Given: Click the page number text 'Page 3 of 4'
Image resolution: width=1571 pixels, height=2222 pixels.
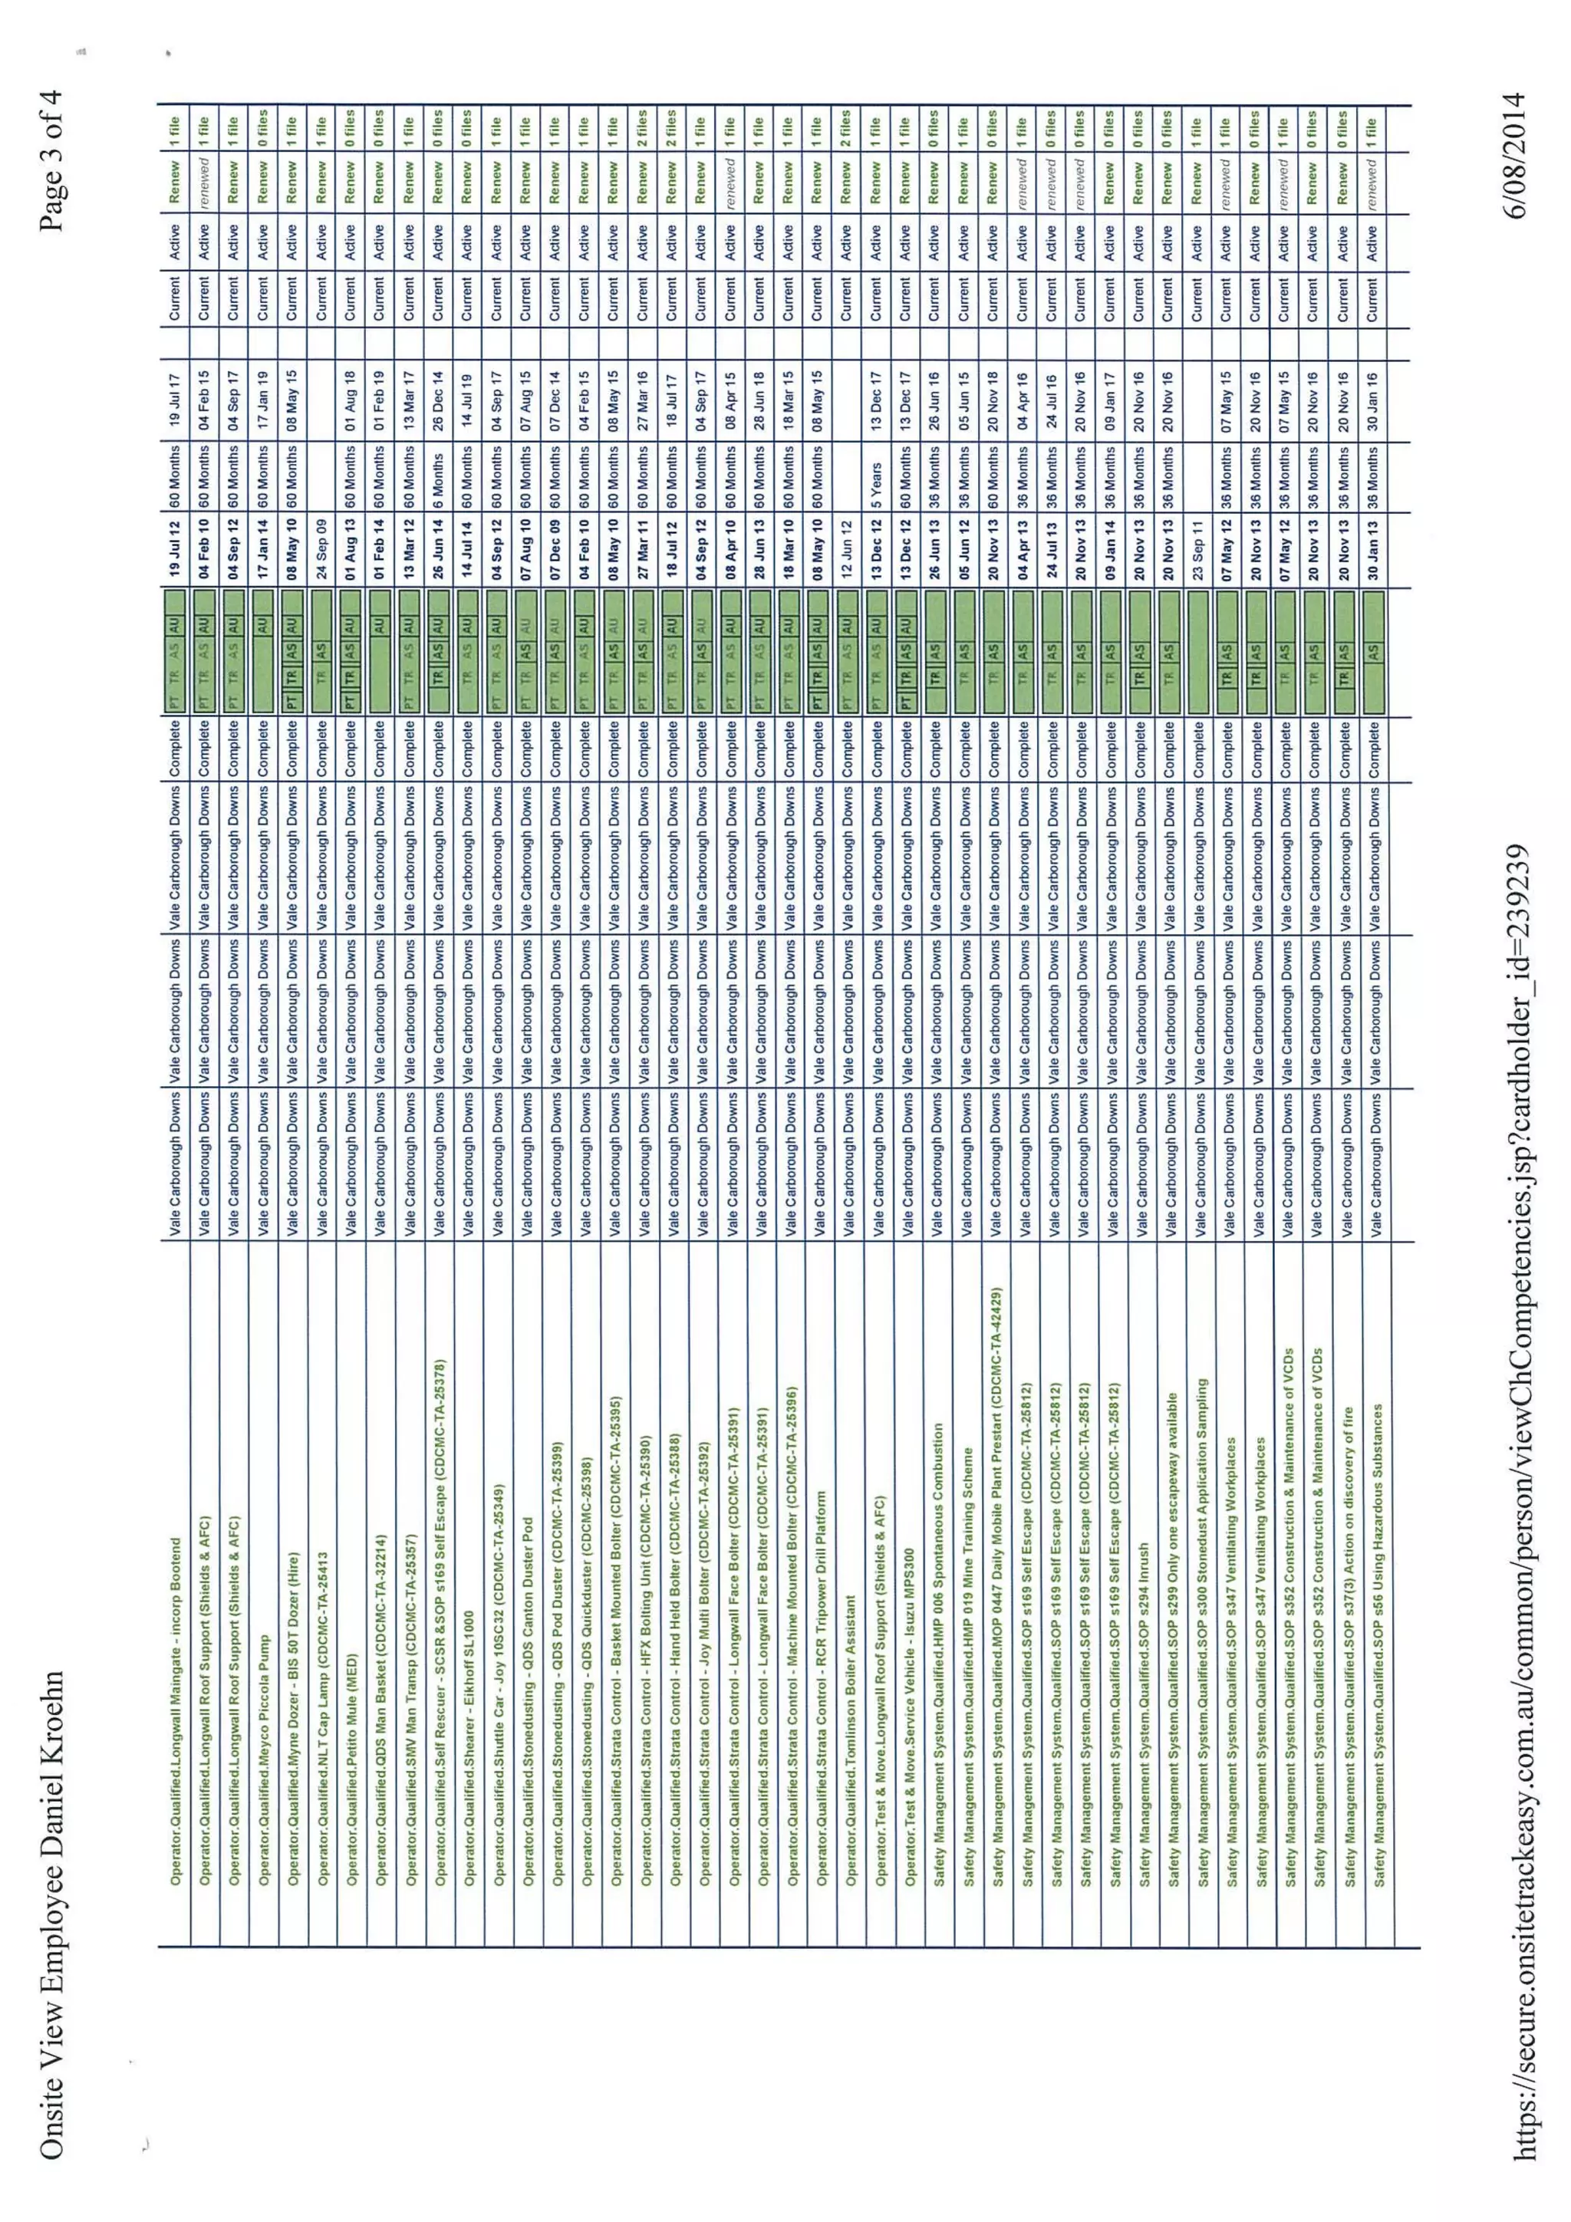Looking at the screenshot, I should pyautogui.click(x=52, y=160).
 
